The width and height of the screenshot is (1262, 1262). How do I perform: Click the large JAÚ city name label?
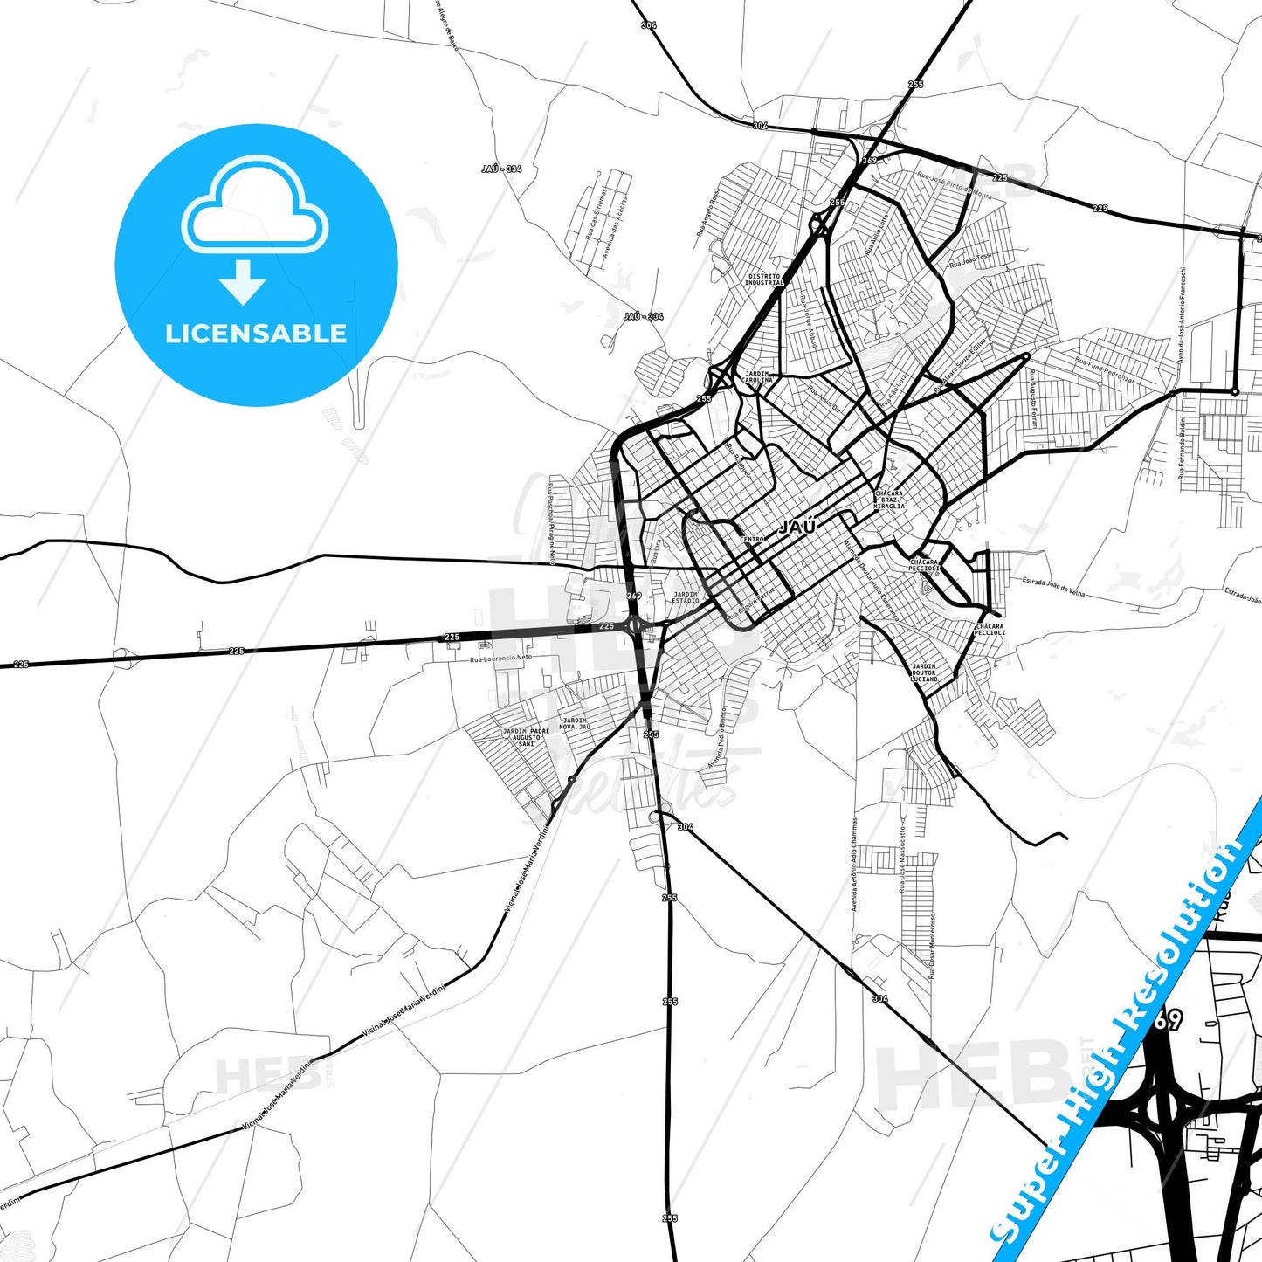point(797,526)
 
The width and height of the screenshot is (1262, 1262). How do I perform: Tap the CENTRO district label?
point(752,540)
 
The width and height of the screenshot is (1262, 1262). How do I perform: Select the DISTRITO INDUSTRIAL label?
point(765,279)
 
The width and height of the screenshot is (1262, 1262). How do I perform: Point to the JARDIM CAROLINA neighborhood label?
point(757,377)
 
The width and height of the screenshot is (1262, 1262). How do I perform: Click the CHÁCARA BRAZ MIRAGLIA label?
point(889,500)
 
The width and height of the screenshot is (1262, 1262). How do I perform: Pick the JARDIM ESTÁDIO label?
point(686,597)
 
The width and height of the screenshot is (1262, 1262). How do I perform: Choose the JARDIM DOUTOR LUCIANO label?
point(924,672)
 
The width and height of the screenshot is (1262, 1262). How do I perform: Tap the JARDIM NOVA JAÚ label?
point(575,723)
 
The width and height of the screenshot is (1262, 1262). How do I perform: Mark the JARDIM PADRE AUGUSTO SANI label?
point(527,737)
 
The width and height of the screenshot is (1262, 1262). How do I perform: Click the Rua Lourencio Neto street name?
point(500,658)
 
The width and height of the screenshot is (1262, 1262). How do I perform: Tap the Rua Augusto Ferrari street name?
point(1034,398)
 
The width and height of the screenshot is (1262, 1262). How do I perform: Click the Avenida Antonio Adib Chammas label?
point(854,865)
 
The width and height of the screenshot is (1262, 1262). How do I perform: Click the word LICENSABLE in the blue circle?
point(256,333)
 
